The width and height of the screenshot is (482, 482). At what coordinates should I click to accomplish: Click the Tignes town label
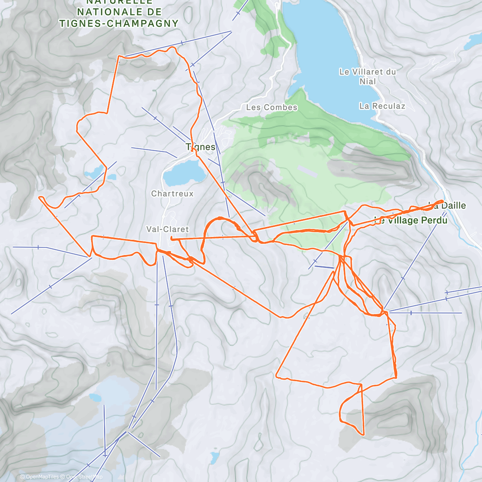tap(200, 147)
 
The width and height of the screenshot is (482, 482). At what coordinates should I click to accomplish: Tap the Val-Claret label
tap(167, 229)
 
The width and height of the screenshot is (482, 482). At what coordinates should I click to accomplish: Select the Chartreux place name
tap(172, 194)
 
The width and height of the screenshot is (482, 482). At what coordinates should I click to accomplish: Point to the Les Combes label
tap(272, 107)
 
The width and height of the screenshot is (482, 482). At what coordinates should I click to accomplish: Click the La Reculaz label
tap(382, 106)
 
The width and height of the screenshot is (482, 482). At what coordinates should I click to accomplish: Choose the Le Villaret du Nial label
tap(368, 76)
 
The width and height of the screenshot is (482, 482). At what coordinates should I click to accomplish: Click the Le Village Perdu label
tap(411, 220)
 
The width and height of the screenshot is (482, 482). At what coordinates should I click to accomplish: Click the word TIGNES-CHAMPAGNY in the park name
tap(119, 23)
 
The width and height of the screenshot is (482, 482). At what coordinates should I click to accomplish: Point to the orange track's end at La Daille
tap(442, 201)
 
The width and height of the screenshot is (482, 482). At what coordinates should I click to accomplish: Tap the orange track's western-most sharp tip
tap(39, 197)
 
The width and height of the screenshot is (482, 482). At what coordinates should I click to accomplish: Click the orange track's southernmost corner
tap(363, 434)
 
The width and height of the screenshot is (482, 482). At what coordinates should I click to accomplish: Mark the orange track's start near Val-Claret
tap(172, 238)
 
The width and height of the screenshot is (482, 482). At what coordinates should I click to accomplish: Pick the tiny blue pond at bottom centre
tap(214, 457)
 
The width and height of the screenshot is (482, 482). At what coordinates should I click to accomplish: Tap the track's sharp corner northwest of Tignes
tap(119, 57)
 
